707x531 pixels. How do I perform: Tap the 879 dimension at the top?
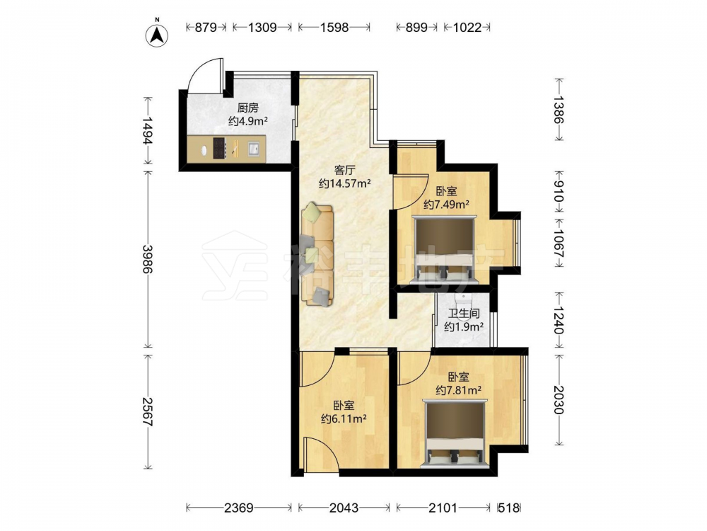[x=206, y=28]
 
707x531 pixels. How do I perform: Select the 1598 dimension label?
[x=334, y=28]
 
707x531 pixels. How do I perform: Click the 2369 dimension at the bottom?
[x=239, y=508]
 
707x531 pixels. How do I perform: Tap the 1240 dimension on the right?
[x=559, y=320]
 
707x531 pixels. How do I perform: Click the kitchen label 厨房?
[x=247, y=108]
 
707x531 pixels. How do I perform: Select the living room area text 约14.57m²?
[x=344, y=183]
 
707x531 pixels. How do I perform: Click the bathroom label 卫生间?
[x=464, y=314]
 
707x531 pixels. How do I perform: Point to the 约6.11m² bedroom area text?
[x=343, y=418]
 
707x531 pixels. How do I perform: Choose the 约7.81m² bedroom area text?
[x=458, y=389]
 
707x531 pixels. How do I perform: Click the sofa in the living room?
[x=317, y=254]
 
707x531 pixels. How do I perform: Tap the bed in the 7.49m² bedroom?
[x=445, y=250]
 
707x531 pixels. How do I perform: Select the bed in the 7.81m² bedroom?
[x=456, y=433]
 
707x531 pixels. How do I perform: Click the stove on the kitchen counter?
[x=220, y=148]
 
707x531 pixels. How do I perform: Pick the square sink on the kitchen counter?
[x=254, y=149]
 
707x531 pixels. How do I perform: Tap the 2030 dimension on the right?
[x=559, y=399]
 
